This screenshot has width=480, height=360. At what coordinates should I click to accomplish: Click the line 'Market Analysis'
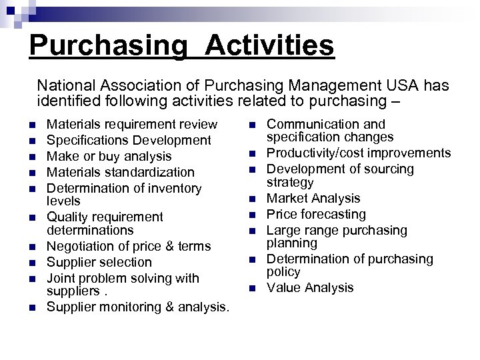[x=313, y=198]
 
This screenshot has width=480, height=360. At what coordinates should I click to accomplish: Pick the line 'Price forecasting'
[x=316, y=214]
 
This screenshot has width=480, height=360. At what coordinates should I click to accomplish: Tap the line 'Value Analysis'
[x=310, y=288]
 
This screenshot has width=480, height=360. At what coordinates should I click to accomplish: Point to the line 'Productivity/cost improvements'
[x=359, y=153]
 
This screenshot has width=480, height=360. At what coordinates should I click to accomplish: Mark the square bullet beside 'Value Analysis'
[x=252, y=289]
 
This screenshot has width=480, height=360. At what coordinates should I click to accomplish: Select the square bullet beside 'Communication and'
[x=252, y=125]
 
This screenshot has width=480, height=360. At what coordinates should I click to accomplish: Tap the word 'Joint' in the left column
[x=59, y=278]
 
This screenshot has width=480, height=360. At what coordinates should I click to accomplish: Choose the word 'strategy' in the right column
[x=290, y=182]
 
